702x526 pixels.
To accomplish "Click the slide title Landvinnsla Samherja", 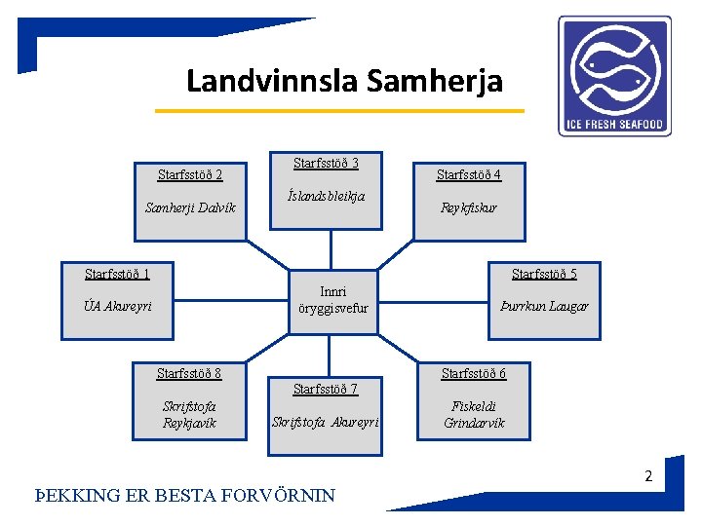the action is [344, 80].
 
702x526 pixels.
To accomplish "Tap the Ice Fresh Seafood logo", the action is [614, 75].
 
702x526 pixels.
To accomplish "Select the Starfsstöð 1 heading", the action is [117, 274].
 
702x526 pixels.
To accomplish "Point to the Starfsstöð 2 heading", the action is [190, 175].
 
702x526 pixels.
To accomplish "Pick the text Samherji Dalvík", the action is [190, 207].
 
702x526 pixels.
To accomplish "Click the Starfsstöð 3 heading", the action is [326, 163].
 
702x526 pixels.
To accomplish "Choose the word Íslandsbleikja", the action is [326, 196].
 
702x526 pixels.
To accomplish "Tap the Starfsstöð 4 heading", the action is [468, 175].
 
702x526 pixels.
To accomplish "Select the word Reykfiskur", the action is [468, 207].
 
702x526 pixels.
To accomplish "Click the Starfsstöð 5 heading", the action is [544, 274].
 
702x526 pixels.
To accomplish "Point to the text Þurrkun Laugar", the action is [544, 306].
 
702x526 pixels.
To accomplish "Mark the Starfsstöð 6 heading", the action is [474, 374].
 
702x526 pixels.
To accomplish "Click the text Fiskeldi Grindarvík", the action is [474, 415].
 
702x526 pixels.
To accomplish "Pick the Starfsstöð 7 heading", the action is [326, 390].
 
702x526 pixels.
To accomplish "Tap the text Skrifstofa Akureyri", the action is [326, 422].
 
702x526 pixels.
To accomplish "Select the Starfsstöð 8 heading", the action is [189, 374].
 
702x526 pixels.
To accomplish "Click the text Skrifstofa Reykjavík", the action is [189, 415].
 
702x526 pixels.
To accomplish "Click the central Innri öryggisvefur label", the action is [332, 299].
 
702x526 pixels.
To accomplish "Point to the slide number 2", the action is [646, 477].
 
